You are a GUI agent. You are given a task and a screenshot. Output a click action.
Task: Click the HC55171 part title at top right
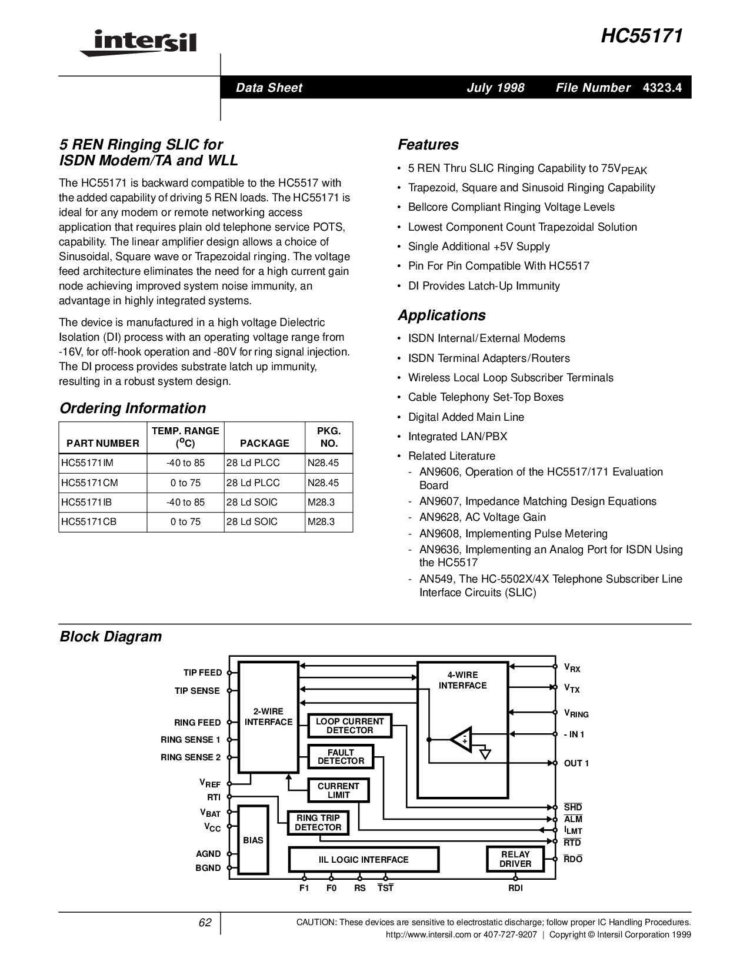(642, 36)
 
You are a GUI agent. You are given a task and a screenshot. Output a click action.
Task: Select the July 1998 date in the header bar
(495, 88)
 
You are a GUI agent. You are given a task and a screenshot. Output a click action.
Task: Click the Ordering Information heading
(133, 408)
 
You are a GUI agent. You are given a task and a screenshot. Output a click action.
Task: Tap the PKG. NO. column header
(329, 437)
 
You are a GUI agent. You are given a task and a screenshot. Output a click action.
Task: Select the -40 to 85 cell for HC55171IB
(185, 503)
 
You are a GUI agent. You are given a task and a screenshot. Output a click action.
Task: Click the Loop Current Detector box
(349, 726)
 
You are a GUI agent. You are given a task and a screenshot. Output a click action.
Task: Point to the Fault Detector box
(341, 757)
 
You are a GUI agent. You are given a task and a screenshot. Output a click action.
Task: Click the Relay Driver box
(515, 859)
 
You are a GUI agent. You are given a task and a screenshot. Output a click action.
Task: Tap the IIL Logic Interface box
(364, 860)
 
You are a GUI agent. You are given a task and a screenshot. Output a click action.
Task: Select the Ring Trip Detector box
(318, 823)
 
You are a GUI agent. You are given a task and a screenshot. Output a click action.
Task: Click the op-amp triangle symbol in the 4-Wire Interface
(461, 738)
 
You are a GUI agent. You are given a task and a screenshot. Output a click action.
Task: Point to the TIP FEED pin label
(202, 673)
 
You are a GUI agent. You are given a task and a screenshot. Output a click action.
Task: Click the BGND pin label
(208, 868)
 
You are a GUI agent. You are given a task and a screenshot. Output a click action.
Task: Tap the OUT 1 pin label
(576, 763)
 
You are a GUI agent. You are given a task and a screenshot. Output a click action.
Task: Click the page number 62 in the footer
(204, 923)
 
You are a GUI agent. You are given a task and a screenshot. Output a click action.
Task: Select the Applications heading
(441, 315)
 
